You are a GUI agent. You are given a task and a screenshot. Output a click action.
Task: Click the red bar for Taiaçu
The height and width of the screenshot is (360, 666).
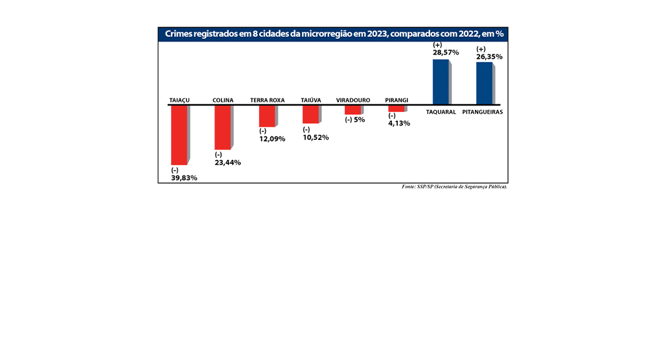[179, 135]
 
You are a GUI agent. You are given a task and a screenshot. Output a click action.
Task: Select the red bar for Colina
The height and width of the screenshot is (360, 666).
[222, 127]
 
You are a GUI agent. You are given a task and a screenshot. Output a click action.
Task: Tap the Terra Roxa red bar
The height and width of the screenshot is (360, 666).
[267, 116]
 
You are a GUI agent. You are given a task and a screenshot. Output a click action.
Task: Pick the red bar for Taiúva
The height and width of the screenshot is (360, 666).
[310, 114]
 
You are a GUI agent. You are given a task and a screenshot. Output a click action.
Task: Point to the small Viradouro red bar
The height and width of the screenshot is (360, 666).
[353, 110]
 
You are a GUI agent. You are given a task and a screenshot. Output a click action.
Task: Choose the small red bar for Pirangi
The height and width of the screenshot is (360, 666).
[396, 108]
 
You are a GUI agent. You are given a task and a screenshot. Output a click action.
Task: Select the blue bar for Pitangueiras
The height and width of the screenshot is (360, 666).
[484, 83]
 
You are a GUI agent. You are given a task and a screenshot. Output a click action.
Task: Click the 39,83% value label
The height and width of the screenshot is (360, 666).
[184, 177]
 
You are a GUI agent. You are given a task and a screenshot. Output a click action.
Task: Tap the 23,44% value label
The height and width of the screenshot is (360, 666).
[228, 162]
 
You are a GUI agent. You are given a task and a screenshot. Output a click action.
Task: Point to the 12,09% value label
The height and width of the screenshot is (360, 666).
[272, 139]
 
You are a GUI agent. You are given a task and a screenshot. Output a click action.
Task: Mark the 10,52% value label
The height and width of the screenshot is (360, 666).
[316, 137]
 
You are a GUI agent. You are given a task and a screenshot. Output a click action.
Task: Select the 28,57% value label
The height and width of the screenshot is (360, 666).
[446, 52]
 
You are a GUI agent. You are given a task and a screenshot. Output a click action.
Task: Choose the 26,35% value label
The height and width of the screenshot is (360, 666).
[489, 56]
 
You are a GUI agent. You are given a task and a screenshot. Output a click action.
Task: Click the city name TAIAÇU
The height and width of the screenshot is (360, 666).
[179, 100]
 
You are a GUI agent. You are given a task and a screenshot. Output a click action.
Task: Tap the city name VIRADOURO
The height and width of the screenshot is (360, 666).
[353, 100]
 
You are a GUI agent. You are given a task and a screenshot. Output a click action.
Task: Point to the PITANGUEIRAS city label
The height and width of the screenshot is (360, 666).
[483, 111]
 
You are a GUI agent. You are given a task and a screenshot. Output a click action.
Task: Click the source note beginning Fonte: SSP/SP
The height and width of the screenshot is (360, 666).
[454, 186]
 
